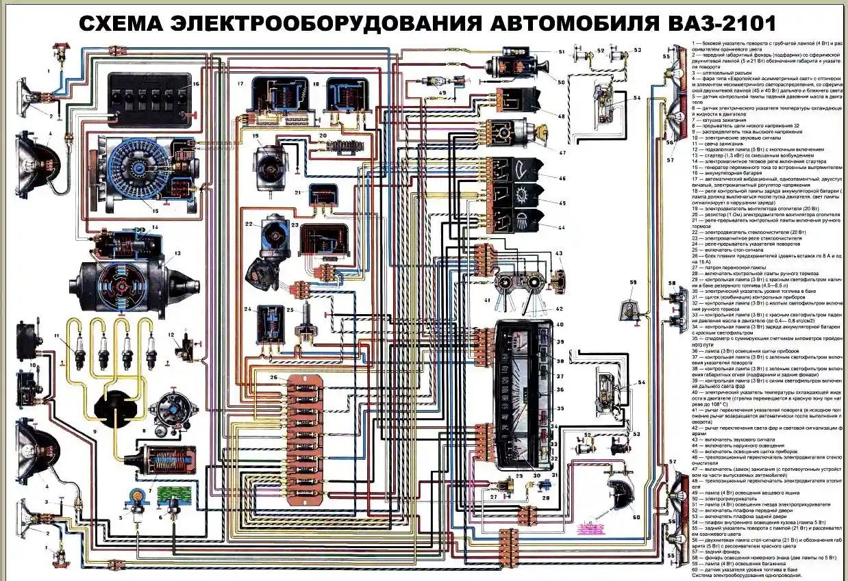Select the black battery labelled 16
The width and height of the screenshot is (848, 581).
click(x=149, y=100)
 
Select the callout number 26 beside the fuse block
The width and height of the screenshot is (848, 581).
click(x=273, y=378)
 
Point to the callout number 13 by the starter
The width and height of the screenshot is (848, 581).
click(x=177, y=253)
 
